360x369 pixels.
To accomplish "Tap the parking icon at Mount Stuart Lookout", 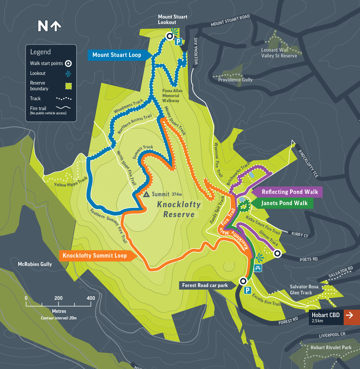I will (178, 41).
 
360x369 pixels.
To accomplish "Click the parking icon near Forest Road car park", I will (247, 290).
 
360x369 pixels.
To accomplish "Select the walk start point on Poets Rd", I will (277, 253).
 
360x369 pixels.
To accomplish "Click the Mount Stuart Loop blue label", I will (117, 55).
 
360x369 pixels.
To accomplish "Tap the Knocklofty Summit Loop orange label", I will (95, 256).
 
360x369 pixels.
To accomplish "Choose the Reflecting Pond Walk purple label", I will (290, 192).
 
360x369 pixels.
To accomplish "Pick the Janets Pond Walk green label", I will (284, 203).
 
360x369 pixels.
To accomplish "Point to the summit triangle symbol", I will (146, 194).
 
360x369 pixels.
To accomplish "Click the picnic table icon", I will (258, 268).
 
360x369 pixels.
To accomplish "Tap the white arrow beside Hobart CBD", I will (349, 315).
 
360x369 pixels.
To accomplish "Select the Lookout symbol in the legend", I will (68, 74).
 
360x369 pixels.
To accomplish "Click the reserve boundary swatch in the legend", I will (68, 86).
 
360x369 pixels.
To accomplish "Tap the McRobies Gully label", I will (35, 264).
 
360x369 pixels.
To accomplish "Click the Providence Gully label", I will (235, 80).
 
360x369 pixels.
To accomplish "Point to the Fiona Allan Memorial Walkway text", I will (172, 96).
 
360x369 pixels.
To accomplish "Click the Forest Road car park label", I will (205, 285).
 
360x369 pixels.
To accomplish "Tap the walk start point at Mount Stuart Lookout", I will (170, 36).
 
